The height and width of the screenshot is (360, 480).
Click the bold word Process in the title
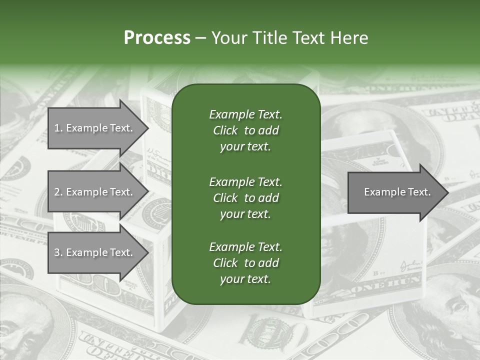click(x=157, y=38)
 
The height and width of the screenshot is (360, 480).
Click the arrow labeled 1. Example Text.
click(x=93, y=128)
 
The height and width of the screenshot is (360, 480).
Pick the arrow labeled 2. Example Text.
click(x=93, y=192)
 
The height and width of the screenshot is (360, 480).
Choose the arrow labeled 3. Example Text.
click(x=93, y=252)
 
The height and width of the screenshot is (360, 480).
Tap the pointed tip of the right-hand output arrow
click(x=447, y=192)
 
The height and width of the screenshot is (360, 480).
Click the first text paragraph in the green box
click(x=245, y=130)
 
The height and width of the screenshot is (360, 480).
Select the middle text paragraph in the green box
click(x=245, y=197)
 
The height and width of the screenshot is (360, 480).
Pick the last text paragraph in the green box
click(x=245, y=263)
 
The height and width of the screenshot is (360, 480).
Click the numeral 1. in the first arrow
click(x=58, y=128)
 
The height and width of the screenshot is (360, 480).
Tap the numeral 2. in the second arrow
click(x=58, y=192)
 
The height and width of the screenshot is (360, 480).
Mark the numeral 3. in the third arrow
click(x=58, y=252)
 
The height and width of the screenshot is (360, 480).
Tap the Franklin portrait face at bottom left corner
click(x=20, y=330)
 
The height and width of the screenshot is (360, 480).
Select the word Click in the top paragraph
click(x=225, y=130)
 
